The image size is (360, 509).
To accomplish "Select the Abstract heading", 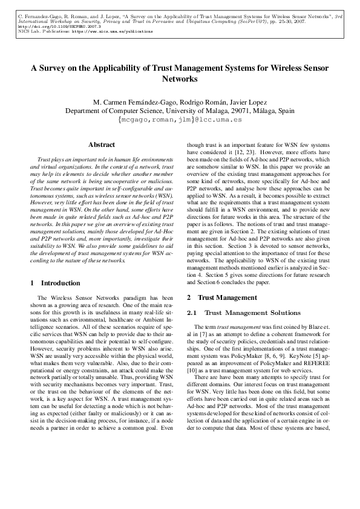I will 102,145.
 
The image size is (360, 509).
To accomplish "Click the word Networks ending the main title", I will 180,79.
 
